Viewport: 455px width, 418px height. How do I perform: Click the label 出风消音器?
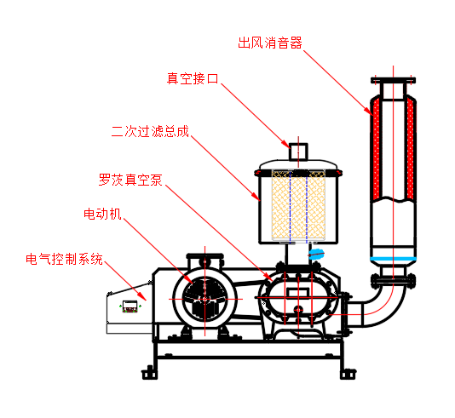tap(270, 43)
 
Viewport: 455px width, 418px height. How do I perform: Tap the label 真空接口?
tap(193, 78)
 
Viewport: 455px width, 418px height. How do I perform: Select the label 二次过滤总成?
tap(150, 131)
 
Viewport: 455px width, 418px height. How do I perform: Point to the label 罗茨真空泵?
tap(130, 180)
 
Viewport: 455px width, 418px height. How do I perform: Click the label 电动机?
tap(102, 214)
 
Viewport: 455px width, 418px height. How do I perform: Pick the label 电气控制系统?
tap(64, 259)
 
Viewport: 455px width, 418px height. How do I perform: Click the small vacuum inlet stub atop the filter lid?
tap(298, 152)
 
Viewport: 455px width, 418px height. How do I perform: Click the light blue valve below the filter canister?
tap(316, 255)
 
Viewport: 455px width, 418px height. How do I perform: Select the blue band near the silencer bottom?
tap(393, 259)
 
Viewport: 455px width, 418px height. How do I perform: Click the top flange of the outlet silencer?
tap(393, 80)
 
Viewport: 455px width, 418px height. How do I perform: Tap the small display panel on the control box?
tap(130, 306)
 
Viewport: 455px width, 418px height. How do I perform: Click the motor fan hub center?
tap(204, 299)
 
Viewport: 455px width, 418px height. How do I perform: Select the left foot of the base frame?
tap(150, 373)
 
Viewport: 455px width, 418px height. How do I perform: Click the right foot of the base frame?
tap(348, 374)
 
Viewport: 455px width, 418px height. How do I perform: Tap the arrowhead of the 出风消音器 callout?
tap(371, 112)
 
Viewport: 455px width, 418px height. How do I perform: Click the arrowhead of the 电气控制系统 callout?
tap(144, 298)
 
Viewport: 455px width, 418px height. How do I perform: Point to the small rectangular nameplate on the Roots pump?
tap(298, 292)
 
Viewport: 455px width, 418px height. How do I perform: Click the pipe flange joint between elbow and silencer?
tap(393, 281)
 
